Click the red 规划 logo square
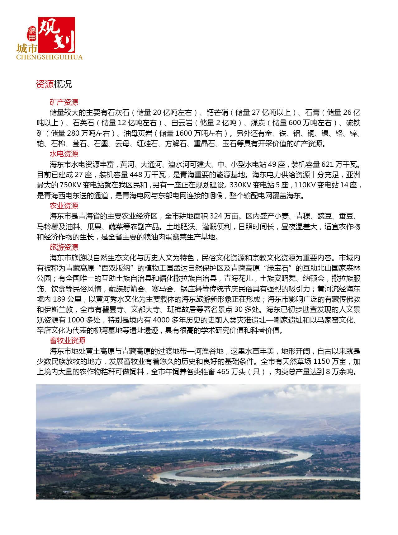[x=56, y=35]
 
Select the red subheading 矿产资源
[x=64, y=102]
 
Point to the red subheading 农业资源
[x=64, y=206]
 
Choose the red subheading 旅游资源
[x=64, y=247]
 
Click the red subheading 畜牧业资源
[x=67, y=340]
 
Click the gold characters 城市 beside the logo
[x=27, y=48]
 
